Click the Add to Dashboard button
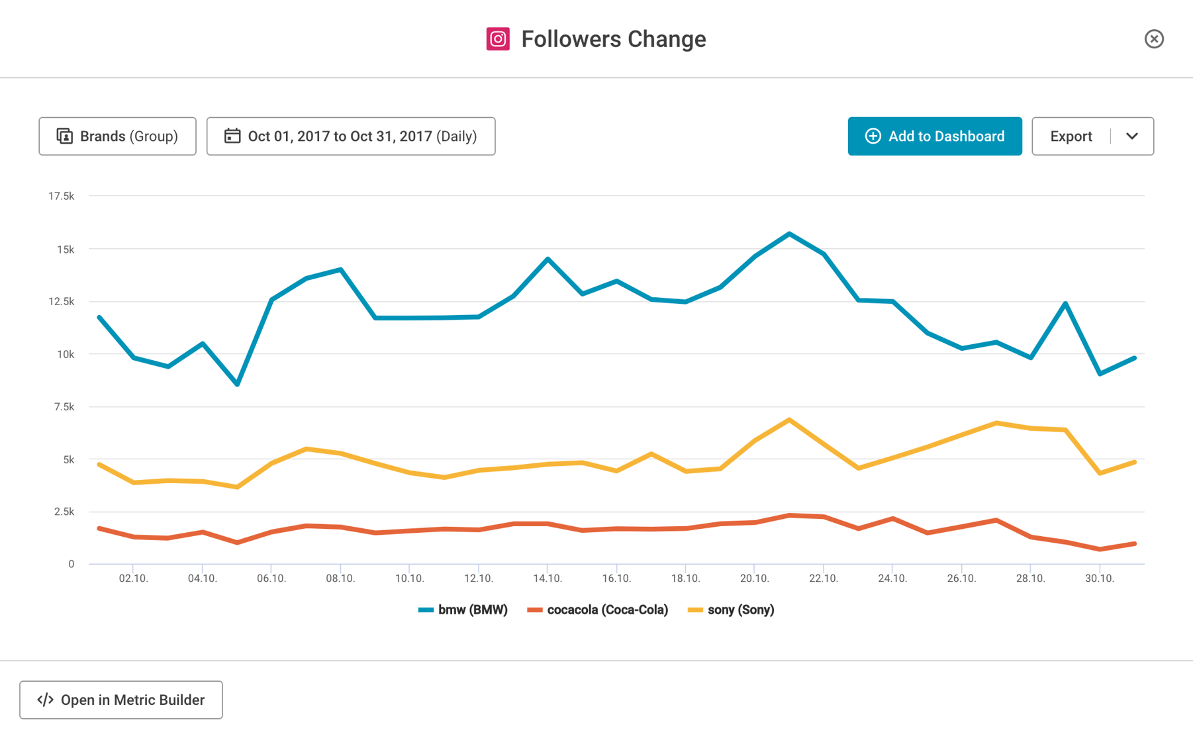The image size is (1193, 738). pos(934,136)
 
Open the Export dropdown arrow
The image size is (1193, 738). pos(1131,136)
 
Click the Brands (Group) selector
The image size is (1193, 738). pos(117,136)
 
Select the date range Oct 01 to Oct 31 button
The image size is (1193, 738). pos(351,136)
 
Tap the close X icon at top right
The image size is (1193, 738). pos(1154,39)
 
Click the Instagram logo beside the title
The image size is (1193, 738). pos(498,39)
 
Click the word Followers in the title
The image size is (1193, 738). pos(571,39)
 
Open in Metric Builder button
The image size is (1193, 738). pos(121,700)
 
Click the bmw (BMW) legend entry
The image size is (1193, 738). pos(463,610)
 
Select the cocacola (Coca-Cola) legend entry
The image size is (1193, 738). pos(598,610)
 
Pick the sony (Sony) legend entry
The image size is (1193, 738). pos(732,610)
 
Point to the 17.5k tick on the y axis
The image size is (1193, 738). pos(61,196)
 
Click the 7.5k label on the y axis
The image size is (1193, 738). pos(64,406)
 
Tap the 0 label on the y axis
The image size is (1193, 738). pos(71,564)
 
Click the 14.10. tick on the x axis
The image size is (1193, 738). pos(548,578)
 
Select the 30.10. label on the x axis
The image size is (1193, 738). pos(1099,578)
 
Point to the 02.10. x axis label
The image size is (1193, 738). pos(133,578)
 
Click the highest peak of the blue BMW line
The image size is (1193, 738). pos(789,234)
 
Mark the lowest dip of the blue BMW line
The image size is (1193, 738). pos(237,384)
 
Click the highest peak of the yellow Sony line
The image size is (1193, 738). pos(789,420)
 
